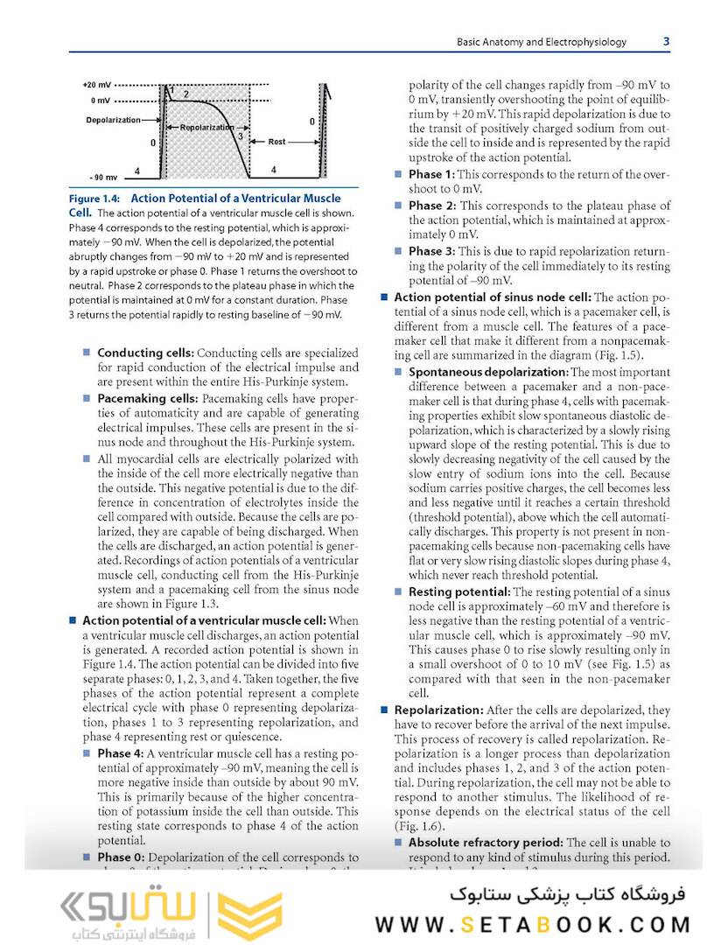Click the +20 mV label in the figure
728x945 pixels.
[97, 87]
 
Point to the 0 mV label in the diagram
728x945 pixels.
[97, 100]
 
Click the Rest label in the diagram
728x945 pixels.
[276, 141]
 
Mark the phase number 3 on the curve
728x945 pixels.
[239, 136]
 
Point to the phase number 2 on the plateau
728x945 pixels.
[185, 93]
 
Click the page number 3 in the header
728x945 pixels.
[666, 41]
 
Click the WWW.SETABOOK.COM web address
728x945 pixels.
[533, 924]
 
